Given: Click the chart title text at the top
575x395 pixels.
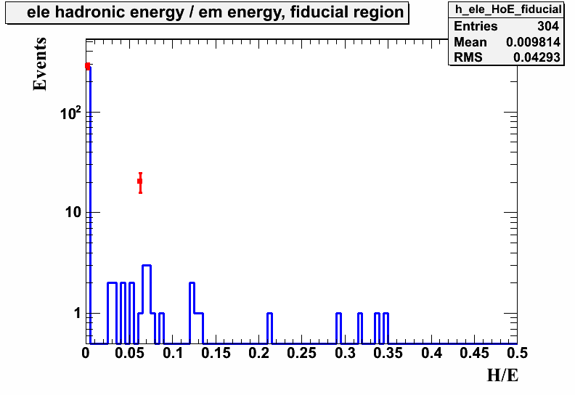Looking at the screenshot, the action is click(215, 12).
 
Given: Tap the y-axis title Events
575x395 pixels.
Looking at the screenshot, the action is click(40, 64).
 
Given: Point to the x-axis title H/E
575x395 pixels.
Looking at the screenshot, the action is click(502, 375).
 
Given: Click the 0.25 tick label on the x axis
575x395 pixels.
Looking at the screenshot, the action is click(301, 353).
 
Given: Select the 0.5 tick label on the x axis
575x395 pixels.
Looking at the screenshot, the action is click(517, 353).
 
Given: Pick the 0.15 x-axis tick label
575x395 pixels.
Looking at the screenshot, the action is click(216, 353).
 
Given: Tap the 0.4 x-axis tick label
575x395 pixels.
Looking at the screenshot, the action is click(431, 353).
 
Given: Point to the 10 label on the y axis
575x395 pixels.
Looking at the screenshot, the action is click(73, 212).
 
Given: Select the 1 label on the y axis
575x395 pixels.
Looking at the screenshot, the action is click(77, 313).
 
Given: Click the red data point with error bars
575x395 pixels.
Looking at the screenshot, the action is click(140, 182).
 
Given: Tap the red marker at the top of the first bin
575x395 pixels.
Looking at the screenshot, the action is click(88, 66).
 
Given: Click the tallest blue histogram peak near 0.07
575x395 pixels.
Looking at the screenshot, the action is click(147, 265).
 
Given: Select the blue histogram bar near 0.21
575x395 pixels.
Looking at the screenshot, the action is click(269, 314).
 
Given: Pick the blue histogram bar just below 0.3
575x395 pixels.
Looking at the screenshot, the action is click(338, 314).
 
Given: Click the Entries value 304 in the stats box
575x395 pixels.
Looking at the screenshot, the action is click(548, 26).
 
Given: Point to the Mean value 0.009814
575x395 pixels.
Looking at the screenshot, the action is click(533, 42).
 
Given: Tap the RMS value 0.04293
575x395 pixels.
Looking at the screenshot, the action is click(537, 57).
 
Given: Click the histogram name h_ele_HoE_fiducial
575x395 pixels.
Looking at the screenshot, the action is click(508, 9).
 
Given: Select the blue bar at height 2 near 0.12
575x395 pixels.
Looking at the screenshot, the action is click(192, 283).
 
